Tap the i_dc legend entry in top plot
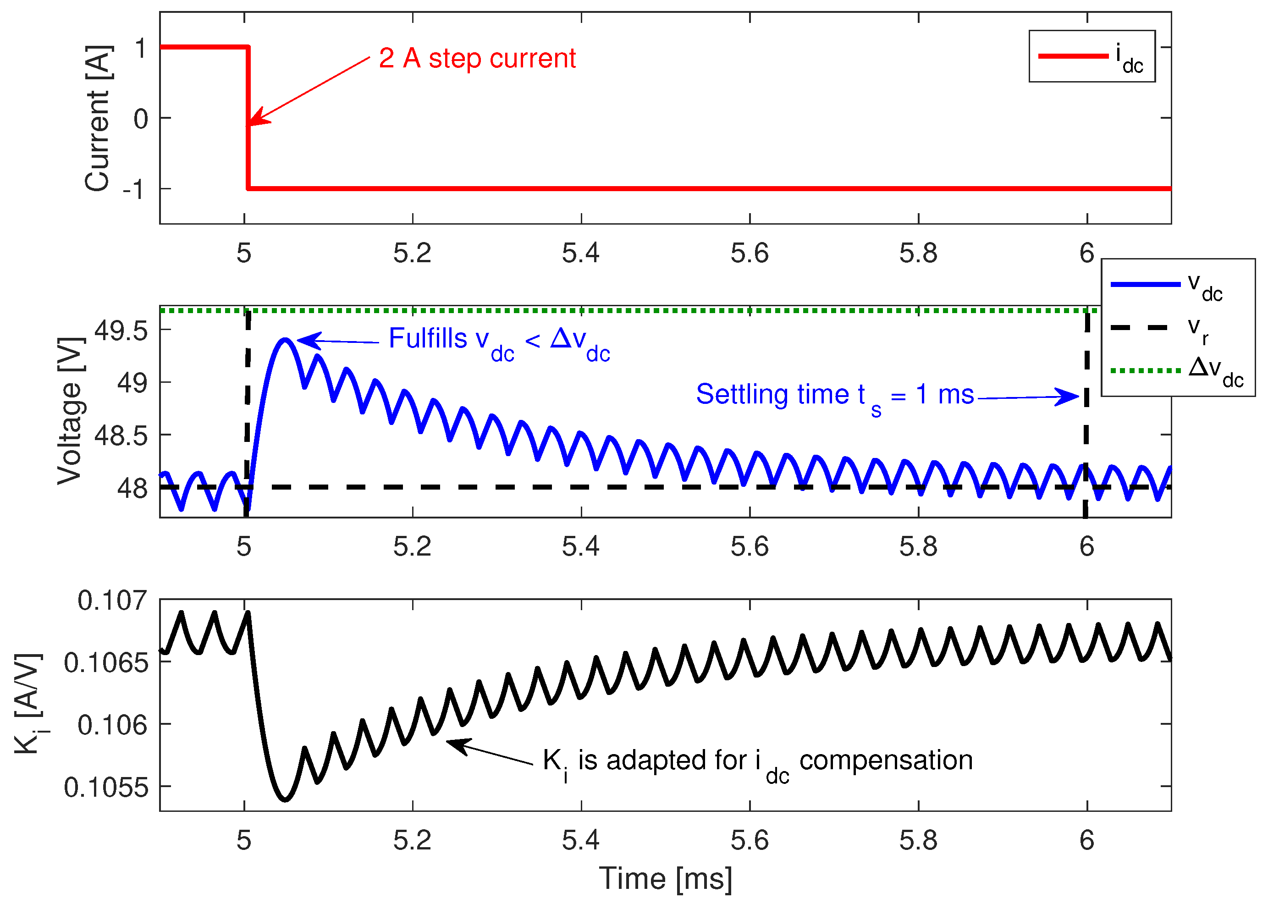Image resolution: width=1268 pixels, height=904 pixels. [1091, 56]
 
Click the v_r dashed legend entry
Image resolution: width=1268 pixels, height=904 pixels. [1177, 328]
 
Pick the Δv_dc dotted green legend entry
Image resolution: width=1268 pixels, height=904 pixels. [1177, 370]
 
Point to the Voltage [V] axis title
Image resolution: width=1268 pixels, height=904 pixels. [71, 411]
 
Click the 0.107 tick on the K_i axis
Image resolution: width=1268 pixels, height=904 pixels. [112, 601]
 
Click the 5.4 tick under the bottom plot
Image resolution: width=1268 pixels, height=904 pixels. [580, 841]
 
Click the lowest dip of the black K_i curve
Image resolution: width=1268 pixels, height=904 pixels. [285, 800]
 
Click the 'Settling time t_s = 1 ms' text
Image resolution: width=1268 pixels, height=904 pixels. [834, 395]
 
